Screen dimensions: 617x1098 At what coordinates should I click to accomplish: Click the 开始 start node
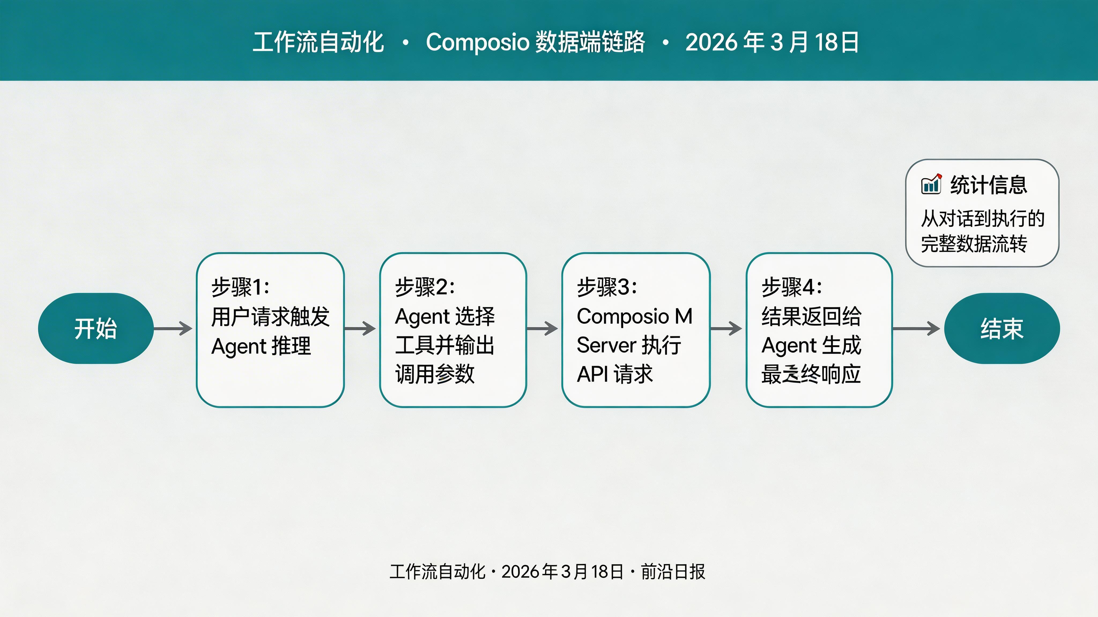click(95, 328)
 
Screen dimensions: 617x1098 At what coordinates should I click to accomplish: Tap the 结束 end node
click(1002, 328)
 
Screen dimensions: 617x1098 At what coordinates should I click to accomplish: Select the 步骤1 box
click(270, 330)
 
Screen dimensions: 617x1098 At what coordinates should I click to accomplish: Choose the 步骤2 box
click(453, 330)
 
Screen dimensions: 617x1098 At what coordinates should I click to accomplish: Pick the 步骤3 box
click(636, 330)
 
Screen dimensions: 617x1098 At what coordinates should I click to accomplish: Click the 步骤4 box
click(819, 330)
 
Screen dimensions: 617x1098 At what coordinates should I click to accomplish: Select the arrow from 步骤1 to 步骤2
click(360, 328)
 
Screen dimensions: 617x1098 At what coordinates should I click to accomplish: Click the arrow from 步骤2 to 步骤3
click(542, 328)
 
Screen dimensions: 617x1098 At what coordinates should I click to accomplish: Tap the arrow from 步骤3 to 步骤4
click(726, 328)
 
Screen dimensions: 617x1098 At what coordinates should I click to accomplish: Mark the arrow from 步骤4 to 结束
click(917, 328)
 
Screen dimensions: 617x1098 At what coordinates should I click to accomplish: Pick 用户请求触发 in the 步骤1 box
click(270, 316)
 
